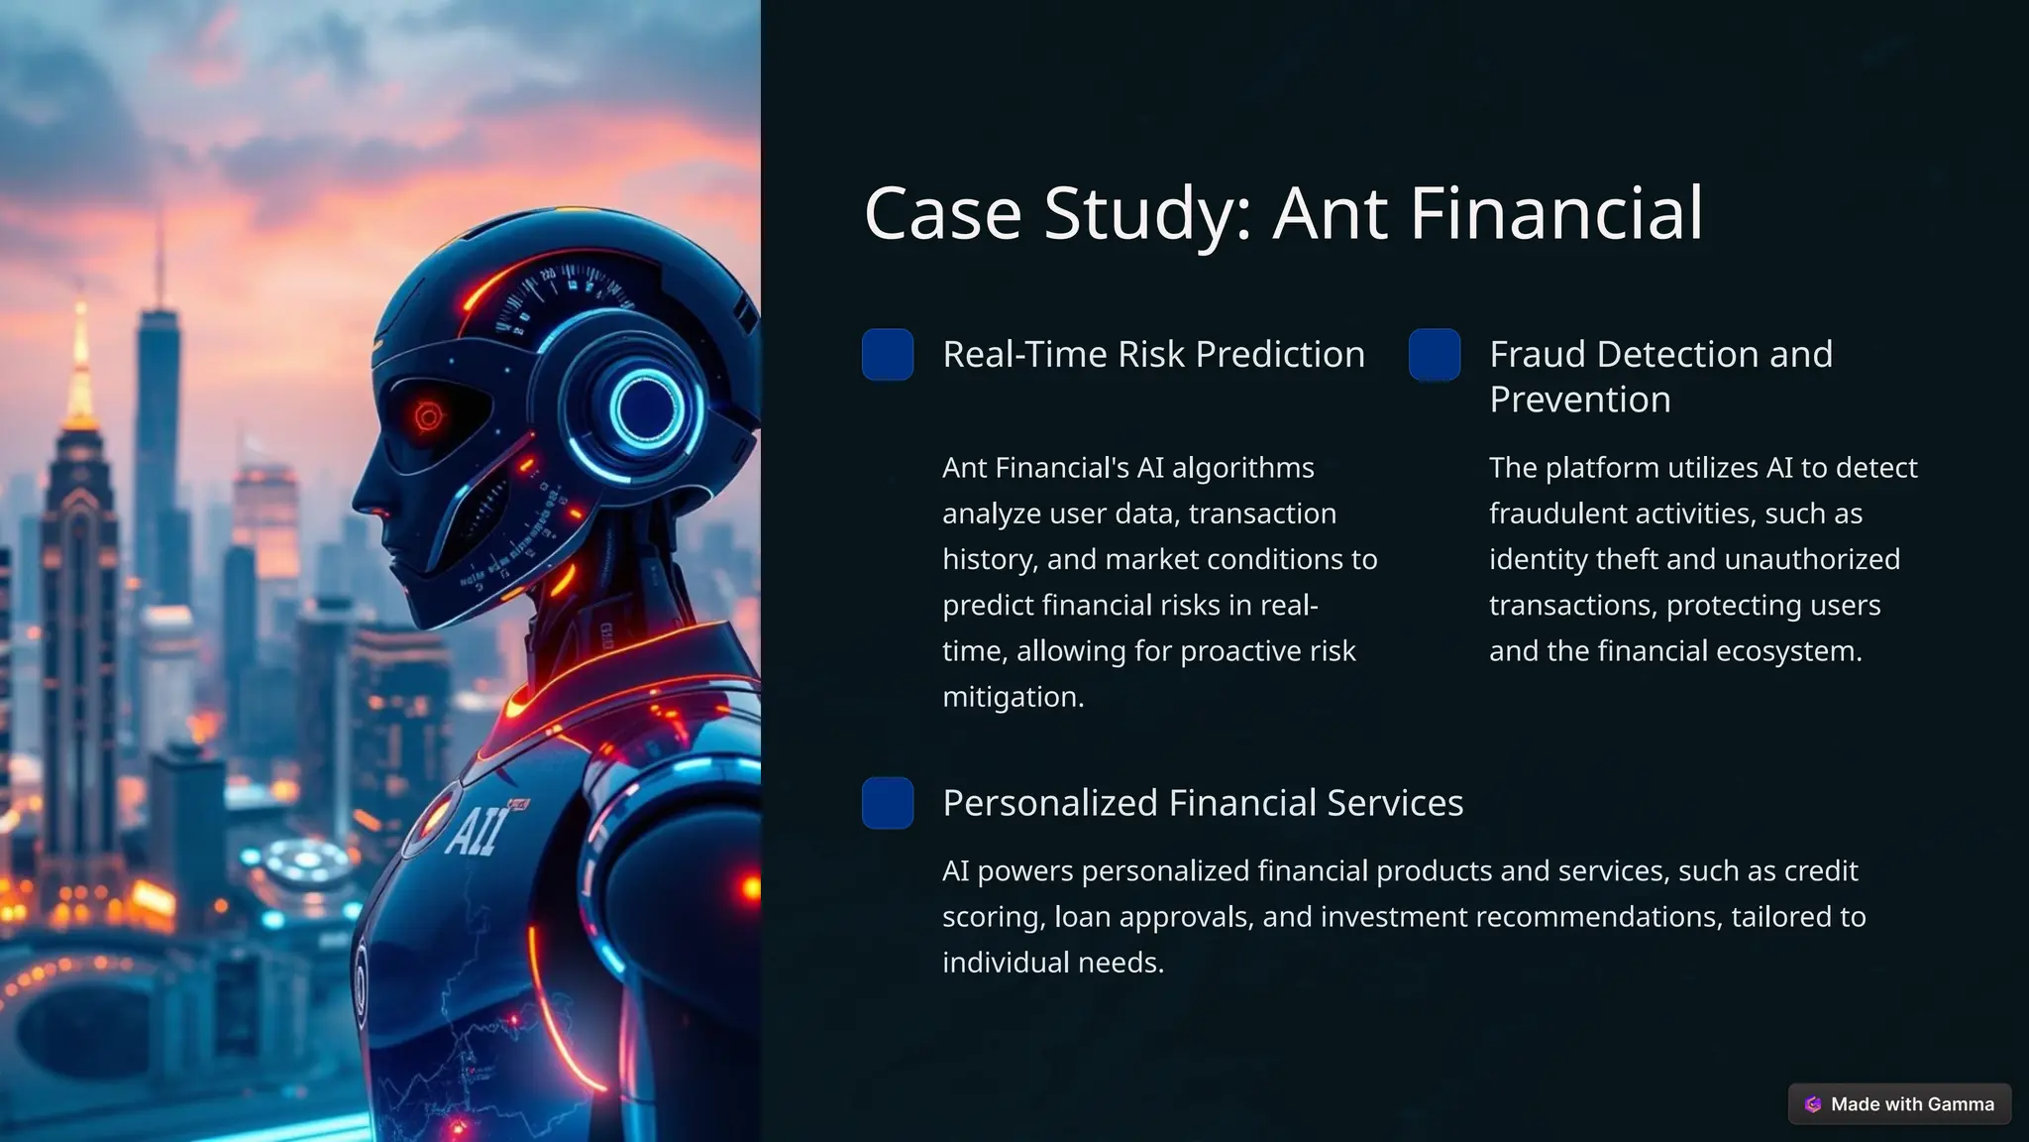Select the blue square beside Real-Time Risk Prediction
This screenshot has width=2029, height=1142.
(888, 355)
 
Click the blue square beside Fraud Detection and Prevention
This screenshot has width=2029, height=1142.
(1435, 355)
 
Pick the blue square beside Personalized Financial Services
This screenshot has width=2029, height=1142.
(888, 803)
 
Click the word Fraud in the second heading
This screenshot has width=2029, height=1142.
(1534, 355)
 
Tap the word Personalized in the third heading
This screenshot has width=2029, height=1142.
(1049, 803)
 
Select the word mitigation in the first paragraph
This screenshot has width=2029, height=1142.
(1013, 697)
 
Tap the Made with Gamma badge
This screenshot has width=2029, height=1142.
(1899, 1104)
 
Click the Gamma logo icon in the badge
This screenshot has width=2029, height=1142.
(1813, 1104)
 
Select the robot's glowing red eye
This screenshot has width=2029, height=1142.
(428, 417)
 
